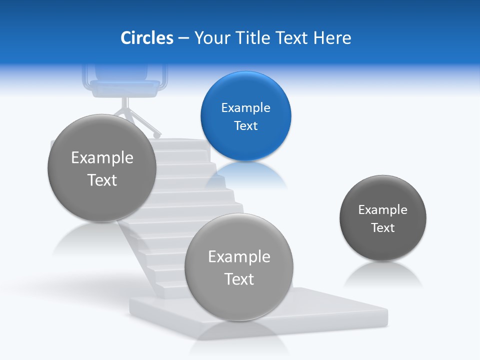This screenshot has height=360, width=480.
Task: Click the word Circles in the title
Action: [x=147, y=38]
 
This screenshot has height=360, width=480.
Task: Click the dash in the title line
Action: [x=183, y=38]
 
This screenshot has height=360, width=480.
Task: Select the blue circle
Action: [x=245, y=116]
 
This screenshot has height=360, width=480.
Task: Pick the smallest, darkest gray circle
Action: [x=383, y=218]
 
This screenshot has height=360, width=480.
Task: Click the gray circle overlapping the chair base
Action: [x=102, y=168]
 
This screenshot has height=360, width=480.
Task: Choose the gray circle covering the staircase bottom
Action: [x=239, y=267]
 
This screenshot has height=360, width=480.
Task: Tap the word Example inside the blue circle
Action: [x=245, y=107]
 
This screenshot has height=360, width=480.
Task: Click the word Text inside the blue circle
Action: [x=245, y=125]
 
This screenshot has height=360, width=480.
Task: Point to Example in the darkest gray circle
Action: [x=383, y=209]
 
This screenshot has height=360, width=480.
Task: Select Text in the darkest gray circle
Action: [x=383, y=227]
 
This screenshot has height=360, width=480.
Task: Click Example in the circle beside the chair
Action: [x=102, y=157]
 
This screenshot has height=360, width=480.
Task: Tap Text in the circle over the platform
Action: [x=239, y=278]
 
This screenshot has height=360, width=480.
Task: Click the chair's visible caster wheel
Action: [x=158, y=135]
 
